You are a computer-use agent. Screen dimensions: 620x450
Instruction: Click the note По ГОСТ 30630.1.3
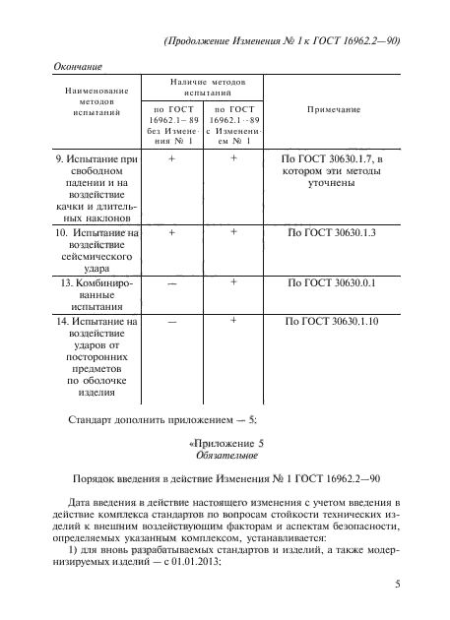[x=332, y=234]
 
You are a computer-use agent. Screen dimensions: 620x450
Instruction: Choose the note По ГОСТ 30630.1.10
[x=332, y=322]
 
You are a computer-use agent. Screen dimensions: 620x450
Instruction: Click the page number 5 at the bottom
[x=397, y=586]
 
